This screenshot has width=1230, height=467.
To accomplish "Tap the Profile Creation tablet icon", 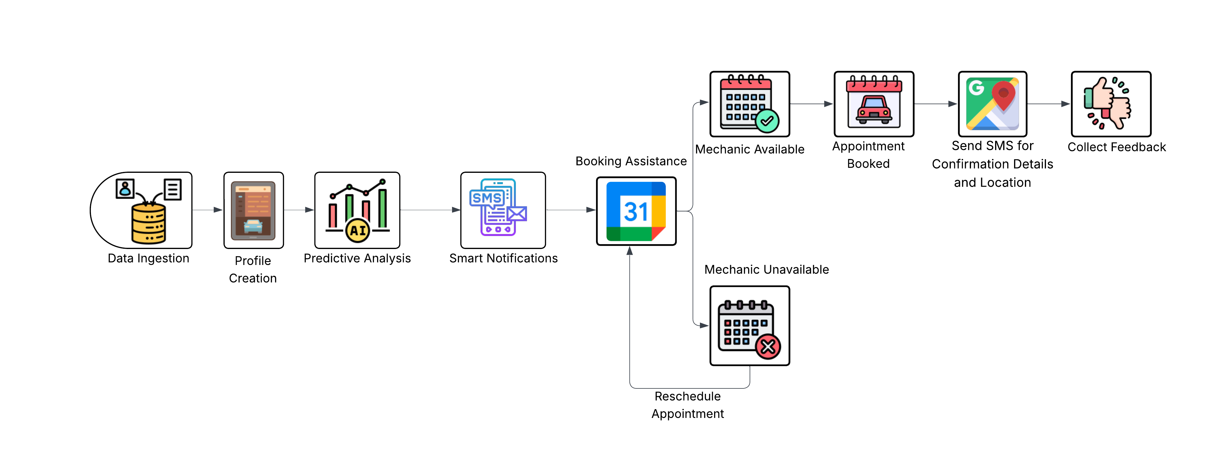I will coord(253,210).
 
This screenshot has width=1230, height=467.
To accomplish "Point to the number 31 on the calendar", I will coord(636,212).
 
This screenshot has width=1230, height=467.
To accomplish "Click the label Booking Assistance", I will coord(631,161).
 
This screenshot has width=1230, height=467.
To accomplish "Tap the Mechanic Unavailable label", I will coord(766,270).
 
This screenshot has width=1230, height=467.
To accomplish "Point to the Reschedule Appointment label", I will coord(688,405).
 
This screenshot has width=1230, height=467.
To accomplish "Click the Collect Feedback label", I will coord(1116,147).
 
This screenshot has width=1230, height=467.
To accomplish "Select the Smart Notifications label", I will coord(503,258).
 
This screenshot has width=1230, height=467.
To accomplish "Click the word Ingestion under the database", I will coord(163,258).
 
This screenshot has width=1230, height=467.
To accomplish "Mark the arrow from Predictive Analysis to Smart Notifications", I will coord(430,210).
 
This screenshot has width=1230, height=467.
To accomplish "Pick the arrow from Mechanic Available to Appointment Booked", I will coord(812,104).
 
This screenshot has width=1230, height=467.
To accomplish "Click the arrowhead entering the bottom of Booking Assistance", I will coord(630,251).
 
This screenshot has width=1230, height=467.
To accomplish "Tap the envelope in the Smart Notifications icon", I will coord(517,213).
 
